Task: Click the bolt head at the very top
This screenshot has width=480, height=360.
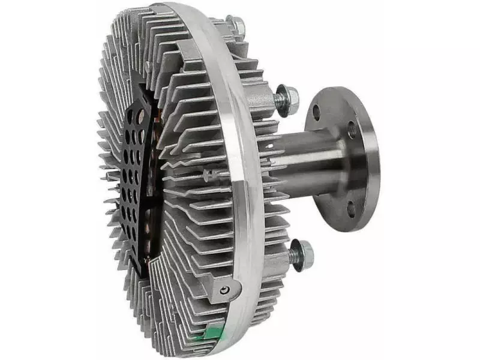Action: tap(236, 25)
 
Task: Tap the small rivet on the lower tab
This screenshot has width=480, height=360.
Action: tap(224, 291)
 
